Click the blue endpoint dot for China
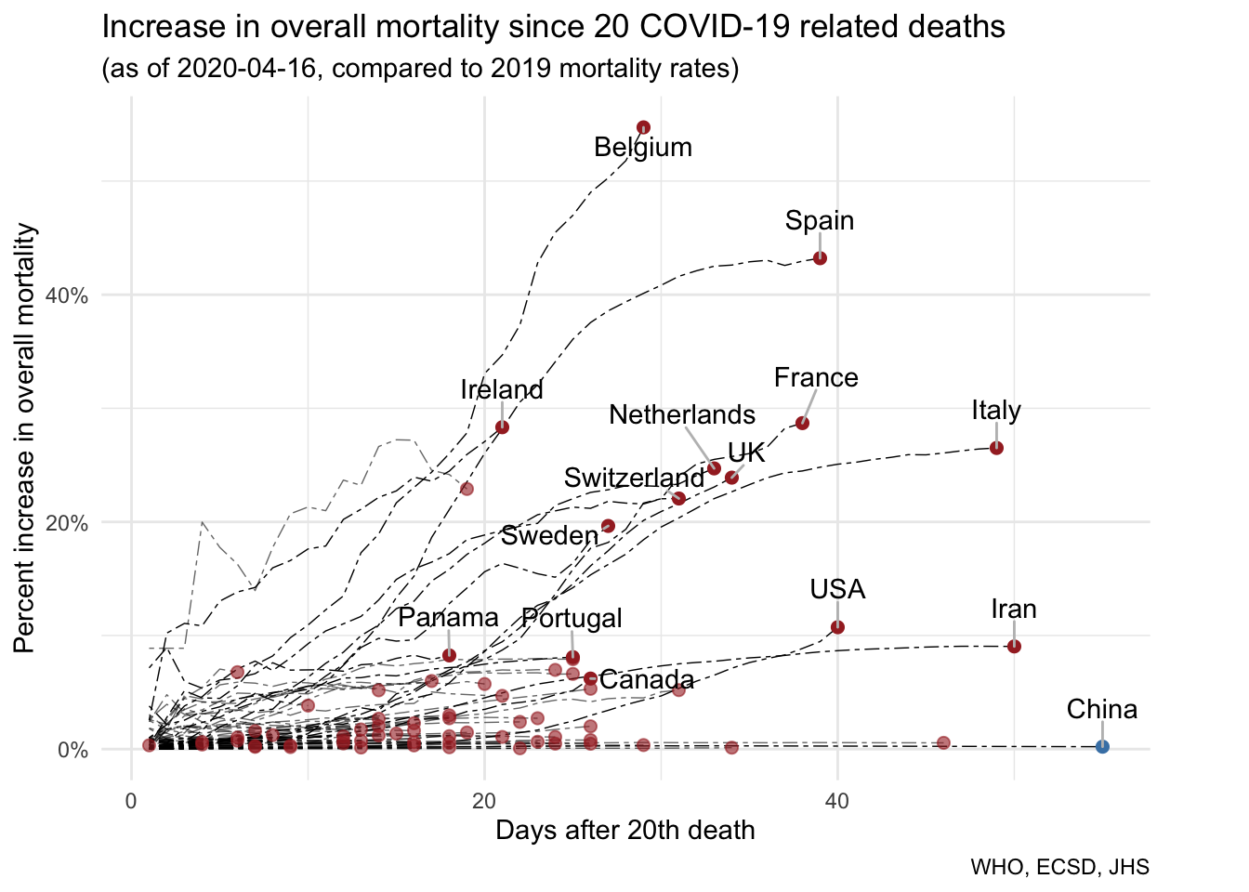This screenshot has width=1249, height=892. tap(1102, 746)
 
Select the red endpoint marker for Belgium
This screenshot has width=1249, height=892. tap(643, 127)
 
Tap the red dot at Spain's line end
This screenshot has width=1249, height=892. tap(820, 258)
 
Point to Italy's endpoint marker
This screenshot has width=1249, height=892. tap(996, 448)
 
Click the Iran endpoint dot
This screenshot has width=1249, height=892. tap(1014, 646)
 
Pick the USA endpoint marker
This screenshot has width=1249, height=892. tap(837, 627)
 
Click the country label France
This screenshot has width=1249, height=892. tap(816, 378)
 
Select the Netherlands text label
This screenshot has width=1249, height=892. tap(682, 414)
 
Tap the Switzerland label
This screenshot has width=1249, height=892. tap(634, 478)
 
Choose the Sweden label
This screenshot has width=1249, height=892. tap(549, 535)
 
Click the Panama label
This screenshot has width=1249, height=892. tap(449, 618)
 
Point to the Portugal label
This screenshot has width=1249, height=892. tap(572, 618)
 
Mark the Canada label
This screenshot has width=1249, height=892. tap(647, 679)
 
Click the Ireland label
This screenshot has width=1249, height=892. tap(502, 390)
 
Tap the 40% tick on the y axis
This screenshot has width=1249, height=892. tap(67, 295)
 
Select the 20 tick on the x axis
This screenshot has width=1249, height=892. tap(483, 801)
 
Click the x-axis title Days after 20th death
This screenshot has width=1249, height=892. tap(624, 831)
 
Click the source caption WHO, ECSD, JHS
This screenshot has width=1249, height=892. tap(1059, 868)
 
